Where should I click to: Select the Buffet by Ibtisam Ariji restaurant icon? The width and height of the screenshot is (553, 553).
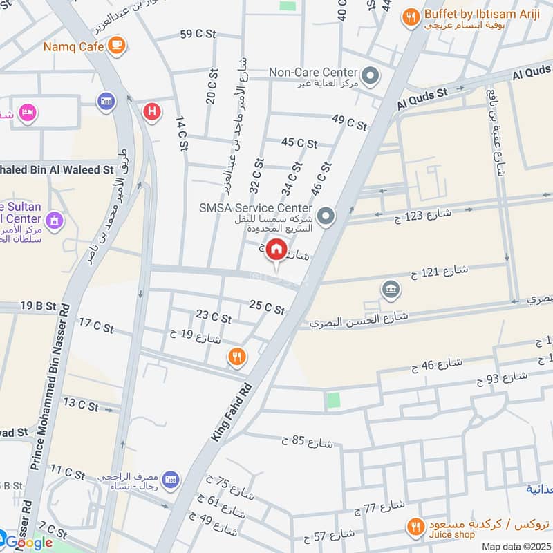click(x=411, y=18)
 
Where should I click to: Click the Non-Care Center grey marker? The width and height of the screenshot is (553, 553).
click(x=371, y=75)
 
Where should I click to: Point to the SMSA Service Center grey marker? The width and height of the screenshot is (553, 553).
click(x=327, y=217)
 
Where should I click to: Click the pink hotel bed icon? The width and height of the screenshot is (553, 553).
click(x=27, y=112)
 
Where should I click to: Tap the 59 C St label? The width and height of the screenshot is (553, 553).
click(x=198, y=34)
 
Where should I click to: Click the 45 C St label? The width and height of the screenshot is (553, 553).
click(x=299, y=143)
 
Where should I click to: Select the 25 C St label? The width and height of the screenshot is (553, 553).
click(x=267, y=308)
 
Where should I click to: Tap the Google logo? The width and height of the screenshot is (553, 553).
click(x=29, y=543)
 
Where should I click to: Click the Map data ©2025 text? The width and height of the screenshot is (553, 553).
click(x=515, y=546)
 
